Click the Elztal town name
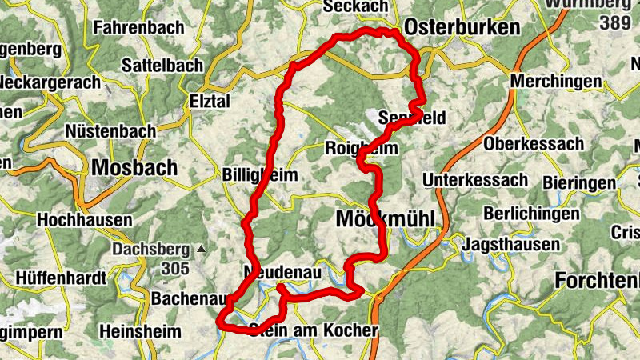(x=210, y=102)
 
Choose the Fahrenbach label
(x=138, y=27)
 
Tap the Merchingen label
(x=556, y=82)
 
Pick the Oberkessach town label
(x=534, y=144)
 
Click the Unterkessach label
(x=476, y=178)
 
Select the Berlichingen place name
(x=531, y=214)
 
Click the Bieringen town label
(x=580, y=183)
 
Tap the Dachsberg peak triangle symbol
(x=202, y=250)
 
